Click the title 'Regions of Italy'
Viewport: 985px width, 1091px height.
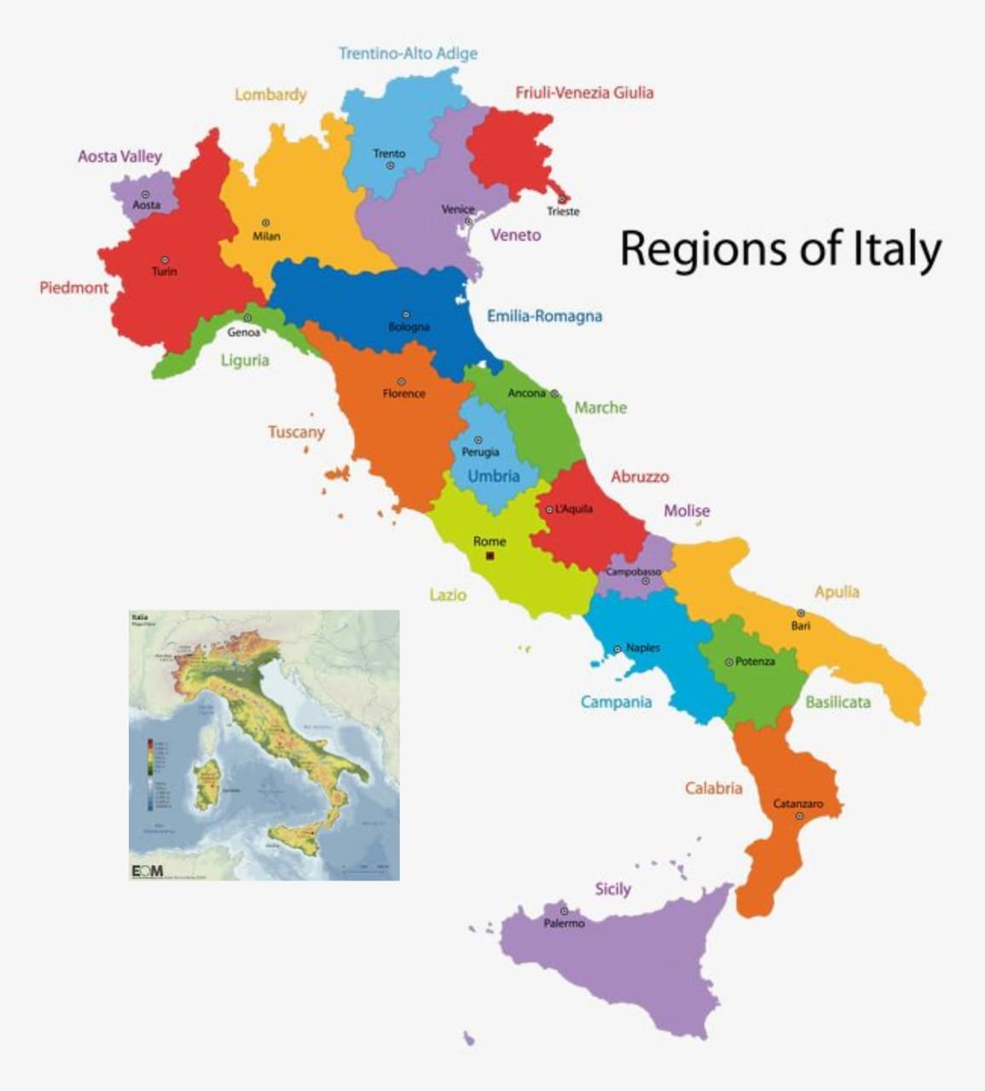[780, 250]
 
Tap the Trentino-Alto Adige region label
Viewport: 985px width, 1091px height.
[408, 54]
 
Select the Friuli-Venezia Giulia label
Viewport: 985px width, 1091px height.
[584, 93]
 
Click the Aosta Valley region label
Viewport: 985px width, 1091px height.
[119, 157]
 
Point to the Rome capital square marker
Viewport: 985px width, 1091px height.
[490, 556]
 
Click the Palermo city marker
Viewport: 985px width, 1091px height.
[564, 911]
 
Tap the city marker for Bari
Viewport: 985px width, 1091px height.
[801, 613]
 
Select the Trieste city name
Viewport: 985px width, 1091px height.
[563, 211]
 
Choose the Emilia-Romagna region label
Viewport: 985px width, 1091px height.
[544, 316]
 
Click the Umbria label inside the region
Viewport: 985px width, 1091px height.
[493, 476]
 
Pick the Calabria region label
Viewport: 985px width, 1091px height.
[713, 788]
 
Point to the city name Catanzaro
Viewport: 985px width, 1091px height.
[798, 804]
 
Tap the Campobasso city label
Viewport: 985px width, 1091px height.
[633, 572]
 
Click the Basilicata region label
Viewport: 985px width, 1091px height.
[837, 702]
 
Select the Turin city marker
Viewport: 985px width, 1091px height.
[165, 259]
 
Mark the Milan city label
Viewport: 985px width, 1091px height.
[266, 236]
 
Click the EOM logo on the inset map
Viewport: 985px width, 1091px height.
[147, 870]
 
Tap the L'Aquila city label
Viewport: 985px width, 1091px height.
[573, 509]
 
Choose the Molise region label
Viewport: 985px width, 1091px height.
[687, 511]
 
